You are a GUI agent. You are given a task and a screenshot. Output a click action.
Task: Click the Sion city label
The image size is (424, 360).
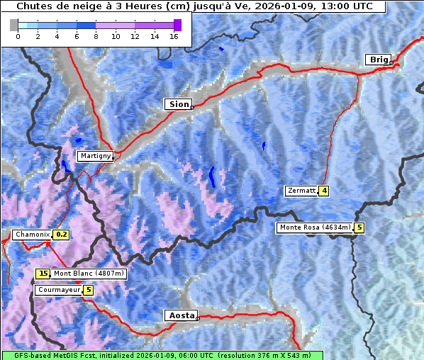pos(179,104)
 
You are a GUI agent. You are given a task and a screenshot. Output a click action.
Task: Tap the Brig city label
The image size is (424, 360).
pos(378,60)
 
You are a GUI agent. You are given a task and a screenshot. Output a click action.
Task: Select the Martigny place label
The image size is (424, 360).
pos(94,155)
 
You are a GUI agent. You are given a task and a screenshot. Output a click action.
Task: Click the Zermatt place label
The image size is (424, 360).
pos(301,191)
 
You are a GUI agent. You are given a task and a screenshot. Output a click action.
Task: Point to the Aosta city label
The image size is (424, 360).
pos(180,315)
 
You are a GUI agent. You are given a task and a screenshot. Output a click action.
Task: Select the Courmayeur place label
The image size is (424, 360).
pos(59,290)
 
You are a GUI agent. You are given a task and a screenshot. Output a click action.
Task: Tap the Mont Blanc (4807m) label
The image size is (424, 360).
pos(89,274)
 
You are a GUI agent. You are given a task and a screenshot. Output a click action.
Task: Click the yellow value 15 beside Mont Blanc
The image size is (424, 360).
pos(43,274)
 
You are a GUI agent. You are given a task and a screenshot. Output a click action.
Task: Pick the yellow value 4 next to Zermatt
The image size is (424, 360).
pos(324,191)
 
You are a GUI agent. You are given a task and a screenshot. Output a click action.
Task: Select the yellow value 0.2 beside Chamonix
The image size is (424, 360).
pos(62,235)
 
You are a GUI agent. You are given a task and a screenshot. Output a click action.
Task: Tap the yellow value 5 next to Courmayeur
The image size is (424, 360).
pos(89,290)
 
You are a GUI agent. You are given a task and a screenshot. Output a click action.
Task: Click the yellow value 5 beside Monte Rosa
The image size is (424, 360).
pos(359,227)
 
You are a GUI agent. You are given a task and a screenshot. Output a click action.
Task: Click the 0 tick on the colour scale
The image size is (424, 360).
pos(18,36)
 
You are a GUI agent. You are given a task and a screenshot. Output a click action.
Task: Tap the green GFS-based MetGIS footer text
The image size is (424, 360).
pos(162,355)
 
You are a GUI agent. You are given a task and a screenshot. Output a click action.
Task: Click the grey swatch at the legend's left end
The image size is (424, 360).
pos(13,25)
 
